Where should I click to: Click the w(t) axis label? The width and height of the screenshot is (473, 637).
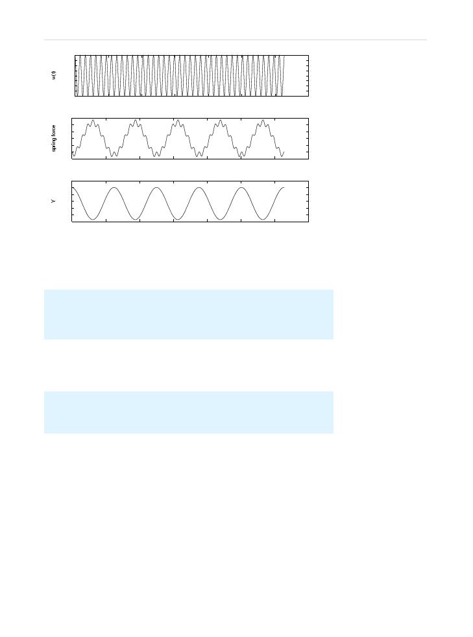click(54, 75)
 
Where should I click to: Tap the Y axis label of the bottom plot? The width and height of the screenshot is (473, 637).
click(53, 202)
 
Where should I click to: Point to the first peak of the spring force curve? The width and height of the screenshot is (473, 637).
click(93, 121)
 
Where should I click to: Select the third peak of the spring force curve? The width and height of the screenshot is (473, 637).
click(178, 121)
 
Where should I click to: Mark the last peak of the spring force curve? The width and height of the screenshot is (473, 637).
click(263, 121)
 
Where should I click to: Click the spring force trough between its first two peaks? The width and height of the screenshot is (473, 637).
click(114, 156)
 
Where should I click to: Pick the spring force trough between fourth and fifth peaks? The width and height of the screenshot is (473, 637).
click(241, 156)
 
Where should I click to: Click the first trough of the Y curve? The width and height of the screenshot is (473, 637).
click(93, 220)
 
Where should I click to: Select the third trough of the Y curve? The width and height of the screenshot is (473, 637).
click(178, 220)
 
